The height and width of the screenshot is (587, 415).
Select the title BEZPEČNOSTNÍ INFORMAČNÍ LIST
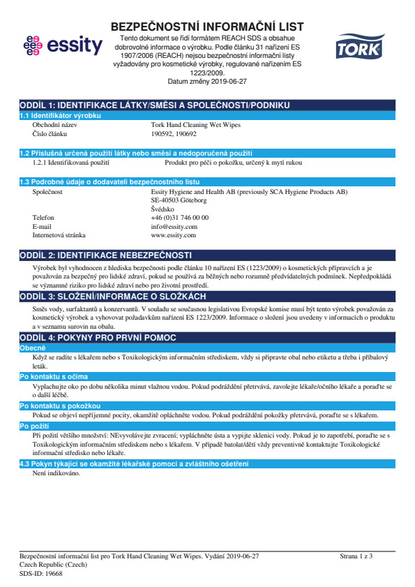[x=207, y=27]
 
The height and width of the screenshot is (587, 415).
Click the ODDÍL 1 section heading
[x=154, y=105]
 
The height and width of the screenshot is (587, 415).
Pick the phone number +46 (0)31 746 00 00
[x=179, y=218]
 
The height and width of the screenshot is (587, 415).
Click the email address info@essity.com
[x=174, y=226]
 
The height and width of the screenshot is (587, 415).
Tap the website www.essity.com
[x=173, y=235]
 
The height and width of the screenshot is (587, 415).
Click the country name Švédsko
[x=163, y=209]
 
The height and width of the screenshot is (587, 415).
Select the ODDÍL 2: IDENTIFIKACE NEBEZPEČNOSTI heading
[x=105, y=255]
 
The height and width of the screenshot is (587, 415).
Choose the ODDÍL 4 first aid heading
[x=98, y=338]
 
